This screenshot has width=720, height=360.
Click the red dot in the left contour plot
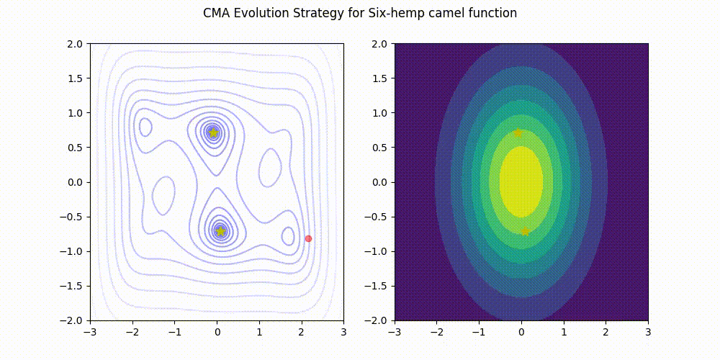tap(308, 238)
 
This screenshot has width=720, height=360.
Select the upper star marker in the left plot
tap(213, 132)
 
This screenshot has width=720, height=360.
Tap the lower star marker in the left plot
tap(220, 231)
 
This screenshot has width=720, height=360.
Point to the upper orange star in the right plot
tap(518, 132)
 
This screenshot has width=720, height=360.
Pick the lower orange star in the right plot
tap(525, 231)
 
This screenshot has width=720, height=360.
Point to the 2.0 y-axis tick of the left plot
tap(76, 44)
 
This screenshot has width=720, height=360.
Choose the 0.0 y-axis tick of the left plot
tap(76, 182)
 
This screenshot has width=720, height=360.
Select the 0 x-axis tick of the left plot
tap(217, 333)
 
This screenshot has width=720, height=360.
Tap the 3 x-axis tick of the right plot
tap(648, 333)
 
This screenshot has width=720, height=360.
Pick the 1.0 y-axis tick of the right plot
tap(381, 113)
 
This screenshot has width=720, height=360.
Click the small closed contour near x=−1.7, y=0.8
tap(145, 127)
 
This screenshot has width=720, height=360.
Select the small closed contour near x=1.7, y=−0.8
tap(288, 236)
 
